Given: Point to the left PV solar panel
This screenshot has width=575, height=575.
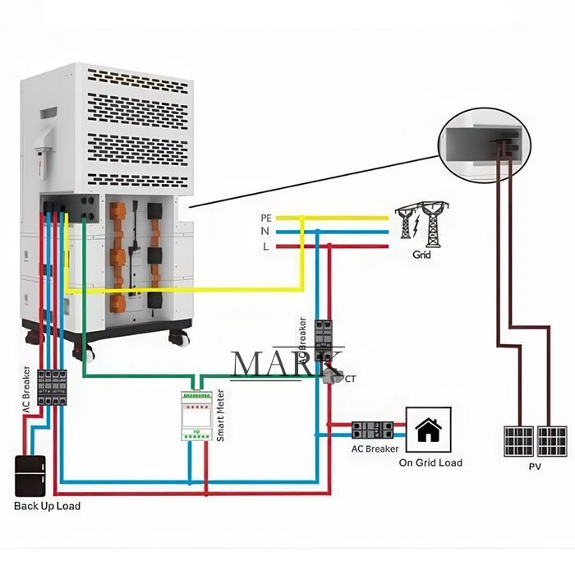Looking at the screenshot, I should pyautogui.click(x=518, y=441).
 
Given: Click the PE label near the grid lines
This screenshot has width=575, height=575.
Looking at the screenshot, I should pyautogui.click(x=265, y=218).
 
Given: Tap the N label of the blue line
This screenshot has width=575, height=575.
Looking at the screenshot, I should pyautogui.click(x=265, y=232).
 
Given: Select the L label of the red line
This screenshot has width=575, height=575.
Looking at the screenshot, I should pyautogui.click(x=265, y=246).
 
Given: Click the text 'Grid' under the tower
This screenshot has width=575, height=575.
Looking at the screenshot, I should pyautogui.click(x=421, y=255).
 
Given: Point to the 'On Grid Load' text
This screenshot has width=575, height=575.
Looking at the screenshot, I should pyautogui.click(x=430, y=462).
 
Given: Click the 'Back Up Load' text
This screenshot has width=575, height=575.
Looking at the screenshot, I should pyautogui.click(x=47, y=506).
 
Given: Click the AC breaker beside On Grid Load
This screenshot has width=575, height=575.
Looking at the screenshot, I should pyautogui.click(x=374, y=430).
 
